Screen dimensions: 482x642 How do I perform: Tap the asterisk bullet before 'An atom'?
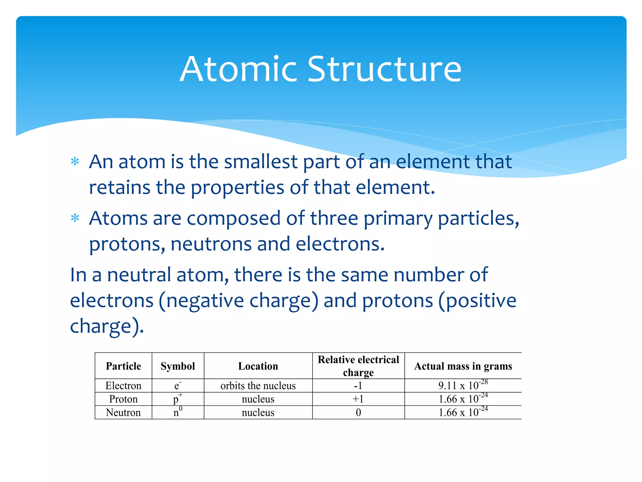point(75,162)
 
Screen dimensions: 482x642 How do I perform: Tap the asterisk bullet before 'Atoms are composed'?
point(75,218)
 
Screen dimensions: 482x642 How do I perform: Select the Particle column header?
point(124,366)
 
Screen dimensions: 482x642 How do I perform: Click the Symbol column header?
point(178,366)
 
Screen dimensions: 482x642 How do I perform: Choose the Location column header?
point(258,366)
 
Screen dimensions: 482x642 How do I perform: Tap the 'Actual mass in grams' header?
point(463,366)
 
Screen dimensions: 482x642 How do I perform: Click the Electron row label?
point(124,386)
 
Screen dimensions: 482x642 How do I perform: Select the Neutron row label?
point(124,412)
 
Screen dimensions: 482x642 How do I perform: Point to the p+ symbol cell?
point(177,399)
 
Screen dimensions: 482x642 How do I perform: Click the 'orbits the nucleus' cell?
point(258,386)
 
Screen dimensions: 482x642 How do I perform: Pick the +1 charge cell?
point(358,399)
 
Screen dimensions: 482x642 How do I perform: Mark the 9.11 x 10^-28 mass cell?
point(463,385)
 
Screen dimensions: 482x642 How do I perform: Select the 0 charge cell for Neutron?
point(358,412)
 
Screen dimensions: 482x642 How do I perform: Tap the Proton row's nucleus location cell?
point(258,399)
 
